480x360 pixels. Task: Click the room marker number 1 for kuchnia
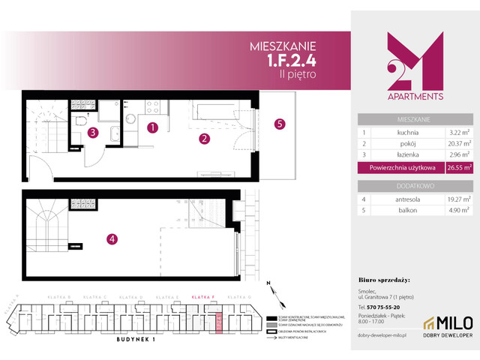[x=152, y=127]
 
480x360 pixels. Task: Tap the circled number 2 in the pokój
[x=203, y=138]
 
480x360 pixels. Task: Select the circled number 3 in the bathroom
[x=91, y=133]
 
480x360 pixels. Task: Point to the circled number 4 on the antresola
[x=112, y=239]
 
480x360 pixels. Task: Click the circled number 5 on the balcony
[x=279, y=124]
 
